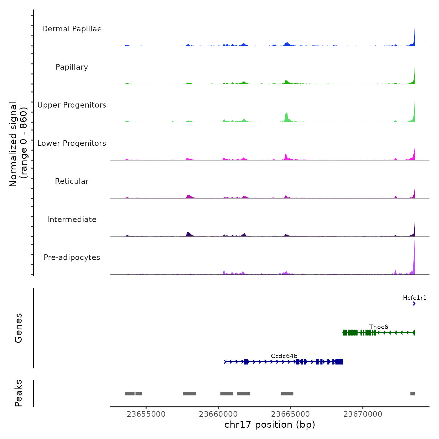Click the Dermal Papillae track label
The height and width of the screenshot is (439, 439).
72,29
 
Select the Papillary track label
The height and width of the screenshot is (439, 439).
72,67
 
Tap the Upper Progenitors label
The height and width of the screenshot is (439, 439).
72,105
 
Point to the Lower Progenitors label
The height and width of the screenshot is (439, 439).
72,143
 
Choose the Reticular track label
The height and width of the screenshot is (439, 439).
72,181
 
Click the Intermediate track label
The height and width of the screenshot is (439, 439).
72,219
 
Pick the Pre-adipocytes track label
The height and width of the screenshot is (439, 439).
72,257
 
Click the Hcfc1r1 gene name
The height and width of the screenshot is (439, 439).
415,298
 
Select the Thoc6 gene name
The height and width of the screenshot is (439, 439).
378,327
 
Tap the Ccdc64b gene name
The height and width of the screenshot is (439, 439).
284,356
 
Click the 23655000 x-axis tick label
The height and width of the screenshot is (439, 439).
146,414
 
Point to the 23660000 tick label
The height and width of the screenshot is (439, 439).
218,414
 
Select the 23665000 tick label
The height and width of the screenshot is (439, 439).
290,414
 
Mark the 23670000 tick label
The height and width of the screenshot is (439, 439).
363,414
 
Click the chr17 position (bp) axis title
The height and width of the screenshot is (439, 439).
270,425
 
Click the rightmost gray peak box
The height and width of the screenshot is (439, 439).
412,394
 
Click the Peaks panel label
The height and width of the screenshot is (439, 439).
19,393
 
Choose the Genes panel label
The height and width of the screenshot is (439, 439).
19,328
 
